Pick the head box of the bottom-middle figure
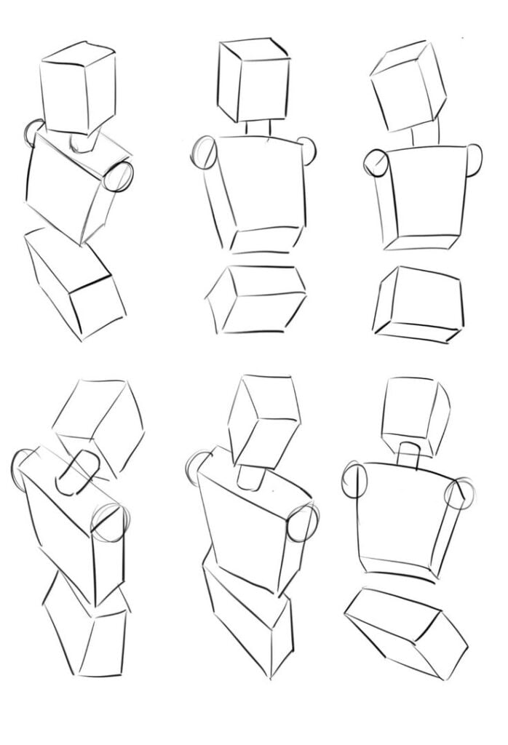[263, 422]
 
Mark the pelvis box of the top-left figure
[70, 284]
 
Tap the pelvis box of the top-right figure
[419, 302]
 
